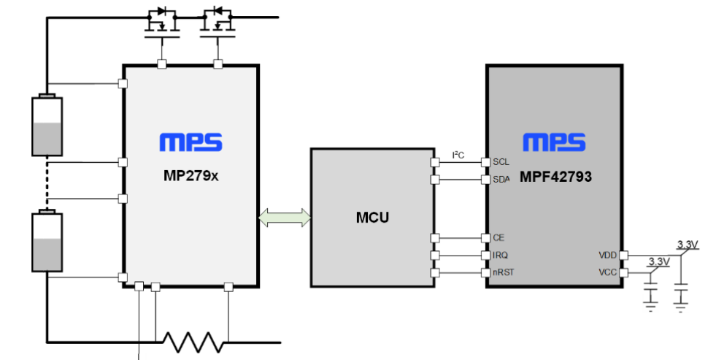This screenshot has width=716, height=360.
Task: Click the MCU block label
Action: pos(372,218)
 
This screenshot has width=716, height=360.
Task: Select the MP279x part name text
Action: pos(191,176)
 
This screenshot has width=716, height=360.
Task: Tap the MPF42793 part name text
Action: pos(555,177)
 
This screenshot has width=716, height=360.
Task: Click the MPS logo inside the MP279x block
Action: pos(191,142)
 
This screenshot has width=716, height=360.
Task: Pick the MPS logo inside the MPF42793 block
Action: pos(555,142)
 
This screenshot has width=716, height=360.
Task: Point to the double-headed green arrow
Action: pos(285,218)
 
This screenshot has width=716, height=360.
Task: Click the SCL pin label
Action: pos(501,162)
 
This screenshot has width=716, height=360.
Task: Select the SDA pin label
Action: pos(501,180)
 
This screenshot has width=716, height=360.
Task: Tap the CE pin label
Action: pos(498,238)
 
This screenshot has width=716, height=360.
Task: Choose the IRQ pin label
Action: pos(500,256)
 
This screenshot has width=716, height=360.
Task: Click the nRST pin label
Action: pos(503,273)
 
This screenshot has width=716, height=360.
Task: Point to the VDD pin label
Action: pos(608,256)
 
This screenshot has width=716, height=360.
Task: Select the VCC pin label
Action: pos(608,273)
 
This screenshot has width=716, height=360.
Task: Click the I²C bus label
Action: pos(458,156)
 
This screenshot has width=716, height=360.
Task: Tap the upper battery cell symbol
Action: pos(47,125)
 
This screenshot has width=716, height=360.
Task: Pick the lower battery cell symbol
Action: pos(47,241)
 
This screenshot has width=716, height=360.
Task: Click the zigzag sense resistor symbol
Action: pos(193,342)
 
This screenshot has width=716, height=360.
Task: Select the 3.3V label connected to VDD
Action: pos(688,245)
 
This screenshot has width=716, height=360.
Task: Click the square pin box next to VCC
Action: pos(623,273)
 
